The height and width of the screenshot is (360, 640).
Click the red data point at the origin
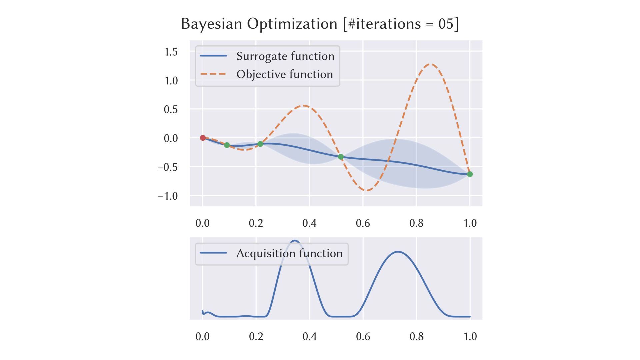pyautogui.click(x=203, y=138)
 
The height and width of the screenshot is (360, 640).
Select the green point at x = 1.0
pyautogui.click(x=470, y=174)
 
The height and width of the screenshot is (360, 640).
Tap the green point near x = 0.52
pyautogui.click(x=341, y=157)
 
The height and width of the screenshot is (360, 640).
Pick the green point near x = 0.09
pyautogui.click(x=227, y=145)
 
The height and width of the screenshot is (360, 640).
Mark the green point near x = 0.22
pyautogui.click(x=260, y=144)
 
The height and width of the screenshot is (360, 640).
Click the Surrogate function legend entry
pyautogui.click(x=285, y=56)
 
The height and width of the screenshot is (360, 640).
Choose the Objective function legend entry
pyautogui.click(x=284, y=74)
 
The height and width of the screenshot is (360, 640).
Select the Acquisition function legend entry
pyautogui.click(x=289, y=253)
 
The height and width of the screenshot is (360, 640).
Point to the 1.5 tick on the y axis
pyautogui.click(x=171, y=52)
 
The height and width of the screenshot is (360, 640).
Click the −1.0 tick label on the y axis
pyautogui.click(x=168, y=196)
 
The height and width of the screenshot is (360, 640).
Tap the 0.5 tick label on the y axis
pyautogui.click(x=171, y=109)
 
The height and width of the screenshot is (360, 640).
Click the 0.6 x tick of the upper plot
pyautogui.click(x=363, y=223)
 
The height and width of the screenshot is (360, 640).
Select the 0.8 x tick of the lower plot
pyautogui.click(x=416, y=336)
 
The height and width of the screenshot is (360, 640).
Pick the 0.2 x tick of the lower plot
pyautogui.click(x=256, y=336)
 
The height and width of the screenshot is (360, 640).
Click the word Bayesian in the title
pyautogui.click(x=211, y=24)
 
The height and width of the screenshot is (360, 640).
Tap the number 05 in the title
pyautogui.click(x=446, y=24)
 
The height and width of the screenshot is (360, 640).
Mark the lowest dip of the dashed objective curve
pyautogui.click(x=367, y=190)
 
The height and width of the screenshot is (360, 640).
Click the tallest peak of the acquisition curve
pyautogui.click(x=295, y=240)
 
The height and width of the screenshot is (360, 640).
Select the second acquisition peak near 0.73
pyautogui.click(x=398, y=252)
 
